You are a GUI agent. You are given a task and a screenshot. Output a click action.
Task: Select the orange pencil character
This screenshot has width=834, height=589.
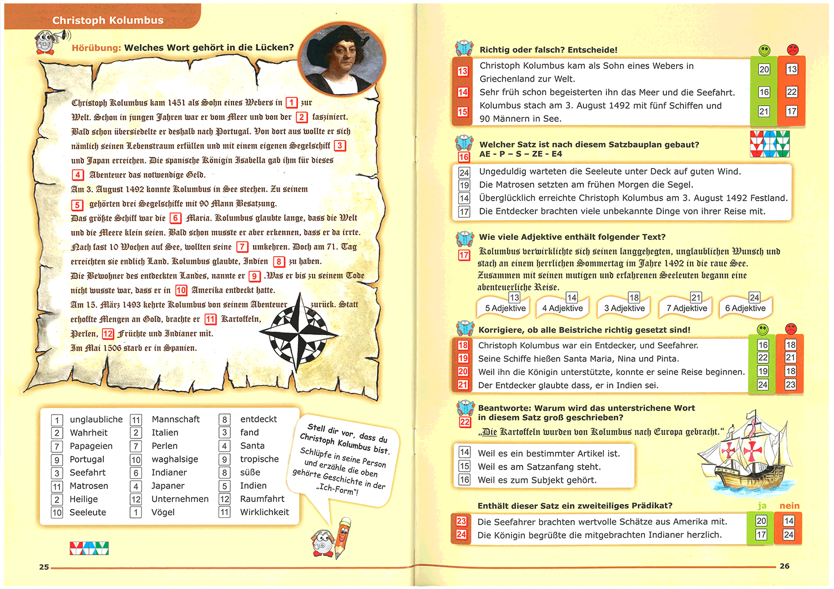[x=343, y=537]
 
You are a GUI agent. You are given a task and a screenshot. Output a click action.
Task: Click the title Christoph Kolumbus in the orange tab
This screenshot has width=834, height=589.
[x=108, y=21]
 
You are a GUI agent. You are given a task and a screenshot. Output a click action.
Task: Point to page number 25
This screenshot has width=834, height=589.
[x=44, y=567]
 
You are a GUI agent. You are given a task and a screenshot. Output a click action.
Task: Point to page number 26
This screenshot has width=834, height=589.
[x=785, y=566]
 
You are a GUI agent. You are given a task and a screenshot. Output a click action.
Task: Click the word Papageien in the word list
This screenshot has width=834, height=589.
[x=91, y=446]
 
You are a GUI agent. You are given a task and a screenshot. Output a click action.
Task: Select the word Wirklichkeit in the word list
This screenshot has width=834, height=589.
[x=264, y=512]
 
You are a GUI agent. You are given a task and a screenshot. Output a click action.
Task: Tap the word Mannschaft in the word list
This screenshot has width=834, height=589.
[x=176, y=420]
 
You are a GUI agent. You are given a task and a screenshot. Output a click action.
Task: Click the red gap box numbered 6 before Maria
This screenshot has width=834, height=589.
[x=175, y=218]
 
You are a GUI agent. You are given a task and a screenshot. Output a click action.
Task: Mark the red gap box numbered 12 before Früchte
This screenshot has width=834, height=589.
[x=108, y=334]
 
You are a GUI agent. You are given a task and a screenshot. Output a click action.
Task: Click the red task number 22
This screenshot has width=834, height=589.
[x=465, y=422]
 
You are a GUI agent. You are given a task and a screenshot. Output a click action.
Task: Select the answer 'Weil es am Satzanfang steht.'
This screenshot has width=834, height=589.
[x=539, y=467]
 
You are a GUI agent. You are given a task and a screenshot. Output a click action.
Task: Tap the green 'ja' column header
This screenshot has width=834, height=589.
[x=762, y=506]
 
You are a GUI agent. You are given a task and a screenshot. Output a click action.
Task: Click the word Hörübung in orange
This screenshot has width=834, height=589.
[x=96, y=48]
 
